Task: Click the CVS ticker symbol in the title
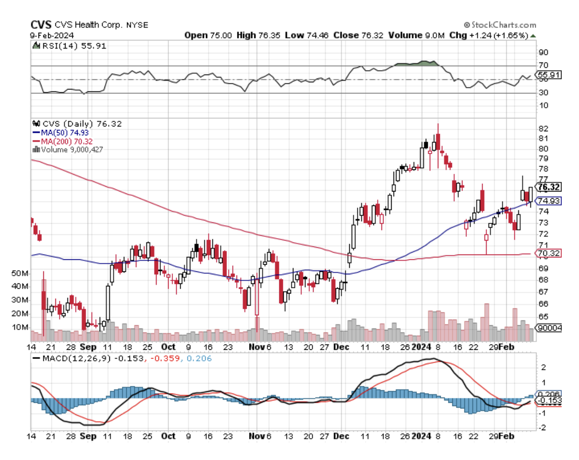[41, 26]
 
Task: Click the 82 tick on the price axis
[543, 129]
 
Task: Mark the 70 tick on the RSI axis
[543, 65]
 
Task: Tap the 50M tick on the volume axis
[19, 273]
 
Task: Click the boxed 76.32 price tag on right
[549, 187]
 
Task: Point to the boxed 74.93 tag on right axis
[549, 201]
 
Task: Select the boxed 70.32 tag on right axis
[549, 253]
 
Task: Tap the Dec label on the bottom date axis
[342, 436]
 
